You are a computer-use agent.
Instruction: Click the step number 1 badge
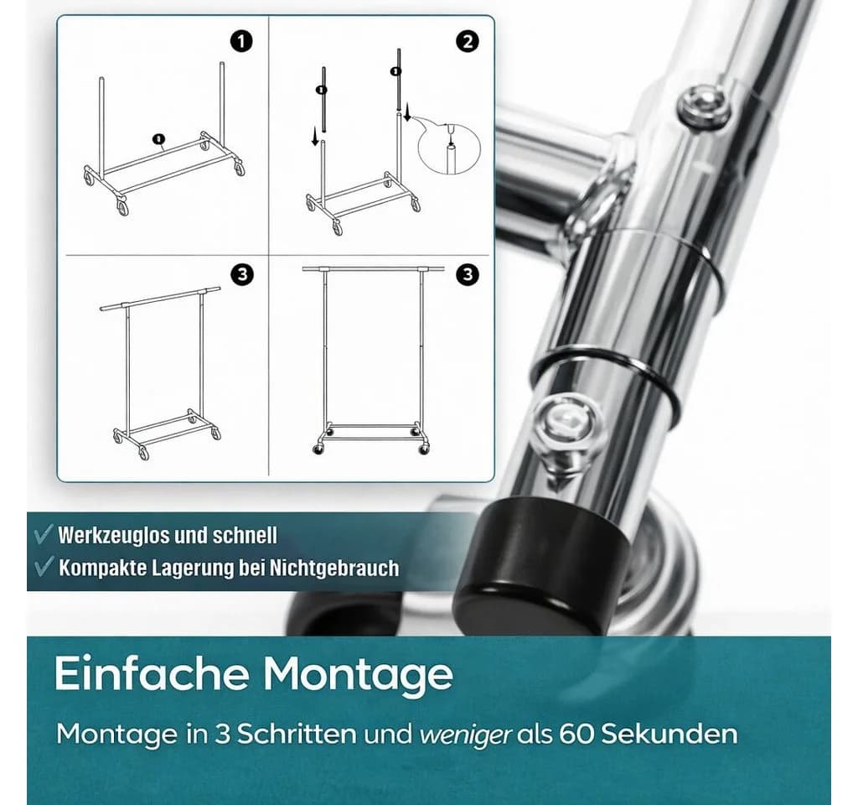[x=241, y=42]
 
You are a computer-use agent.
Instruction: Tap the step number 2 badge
[x=468, y=42]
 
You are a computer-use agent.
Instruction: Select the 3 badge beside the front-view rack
[x=468, y=274]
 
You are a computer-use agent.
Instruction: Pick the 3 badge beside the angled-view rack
[x=242, y=274]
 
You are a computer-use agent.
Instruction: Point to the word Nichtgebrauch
[x=333, y=568]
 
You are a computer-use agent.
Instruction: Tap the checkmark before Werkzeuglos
[x=44, y=534]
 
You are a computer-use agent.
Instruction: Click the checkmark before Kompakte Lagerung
[x=44, y=566]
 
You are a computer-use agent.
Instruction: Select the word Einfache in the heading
[x=152, y=673]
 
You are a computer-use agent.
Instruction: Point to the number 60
[x=576, y=734]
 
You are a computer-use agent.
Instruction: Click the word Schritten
[x=297, y=734]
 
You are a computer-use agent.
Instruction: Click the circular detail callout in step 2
[x=449, y=147]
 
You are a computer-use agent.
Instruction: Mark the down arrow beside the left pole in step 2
[x=315, y=137]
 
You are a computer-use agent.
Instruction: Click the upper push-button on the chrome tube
[x=705, y=106]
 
